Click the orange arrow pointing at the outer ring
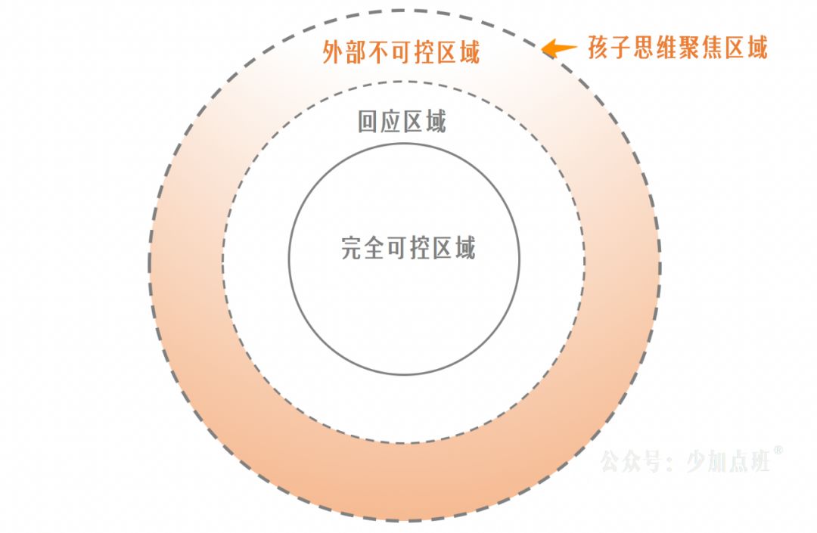pyautogui.click(x=558, y=48)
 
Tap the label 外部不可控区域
pyautogui.click(x=401, y=52)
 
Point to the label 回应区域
pyautogui.click(x=402, y=122)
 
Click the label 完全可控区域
pyautogui.click(x=408, y=248)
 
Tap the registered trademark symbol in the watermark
pyautogui.click(x=778, y=451)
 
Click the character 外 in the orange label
pyautogui.click(x=334, y=52)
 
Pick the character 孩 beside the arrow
pyautogui.click(x=600, y=48)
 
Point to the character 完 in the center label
pyautogui.click(x=353, y=248)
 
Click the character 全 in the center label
pyautogui.click(x=374, y=248)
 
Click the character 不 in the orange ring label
pyautogui.click(x=378, y=52)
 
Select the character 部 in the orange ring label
pyautogui.click(x=356, y=52)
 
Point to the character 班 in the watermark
pyautogui.click(x=760, y=461)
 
